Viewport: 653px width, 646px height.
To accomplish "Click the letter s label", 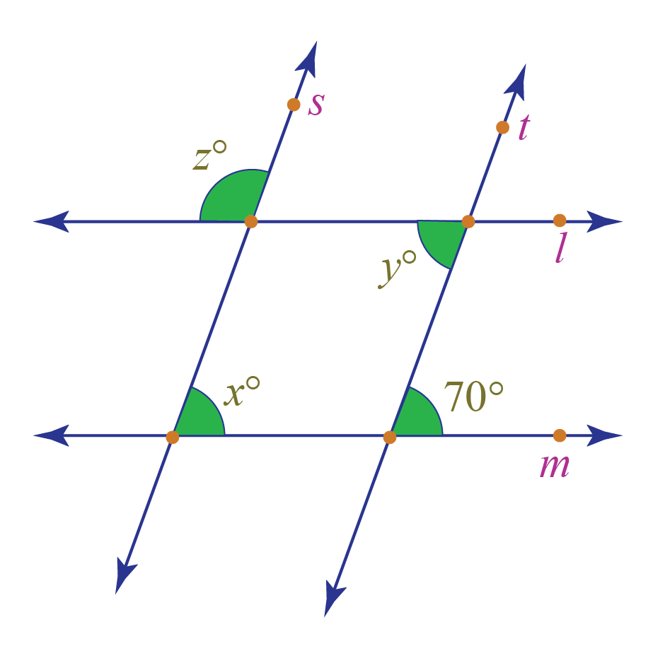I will [x=316, y=105].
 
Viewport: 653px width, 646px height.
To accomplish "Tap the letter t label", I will [x=523, y=128].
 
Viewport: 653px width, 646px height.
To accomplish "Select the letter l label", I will [x=560, y=248].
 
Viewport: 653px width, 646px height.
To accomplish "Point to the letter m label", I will [x=555, y=466].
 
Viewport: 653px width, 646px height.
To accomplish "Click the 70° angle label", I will [x=473, y=397].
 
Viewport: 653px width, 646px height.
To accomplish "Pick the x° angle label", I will [x=241, y=394].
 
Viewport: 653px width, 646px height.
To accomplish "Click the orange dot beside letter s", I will [x=294, y=105].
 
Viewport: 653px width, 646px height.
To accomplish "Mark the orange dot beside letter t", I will [x=502, y=127].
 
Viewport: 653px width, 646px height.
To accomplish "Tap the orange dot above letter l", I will [x=560, y=221].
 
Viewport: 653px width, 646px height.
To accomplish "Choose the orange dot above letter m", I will [x=560, y=435].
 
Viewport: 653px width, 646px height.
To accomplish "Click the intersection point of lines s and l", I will [x=251, y=222].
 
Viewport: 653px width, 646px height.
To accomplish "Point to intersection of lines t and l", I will [x=468, y=221].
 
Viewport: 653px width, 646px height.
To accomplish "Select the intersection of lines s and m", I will [x=173, y=437].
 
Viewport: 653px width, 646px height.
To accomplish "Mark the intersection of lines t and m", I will [x=390, y=437].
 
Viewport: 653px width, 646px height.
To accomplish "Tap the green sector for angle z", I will [x=233, y=198].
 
